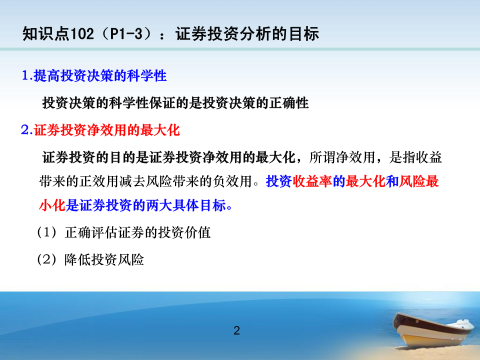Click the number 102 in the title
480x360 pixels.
pyautogui.click(x=82, y=33)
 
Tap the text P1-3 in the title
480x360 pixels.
pyautogui.click(x=126, y=33)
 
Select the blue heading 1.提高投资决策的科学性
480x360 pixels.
pyautogui.click(x=94, y=75)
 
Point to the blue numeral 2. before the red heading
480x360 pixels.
pyautogui.click(x=27, y=130)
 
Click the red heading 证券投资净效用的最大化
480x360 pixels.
pyautogui.click(x=106, y=130)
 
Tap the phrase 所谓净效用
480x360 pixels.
pyautogui.click(x=342, y=157)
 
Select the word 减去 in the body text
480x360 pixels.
pyautogui.click(x=132, y=181)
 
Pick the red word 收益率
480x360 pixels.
pyautogui.click(x=312, y=181)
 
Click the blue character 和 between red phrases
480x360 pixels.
pyautogui.click(x=392, y=181)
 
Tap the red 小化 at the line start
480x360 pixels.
pyautogui.click(x=52, y=205)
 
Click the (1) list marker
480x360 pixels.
pyautogui.click(x=47, y=232)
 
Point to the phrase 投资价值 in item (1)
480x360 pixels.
pyautogui.click(x=184, y=232)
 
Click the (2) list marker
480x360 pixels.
pyautogui.click(x=47, y=259)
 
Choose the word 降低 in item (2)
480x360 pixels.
pyautogui.click(x=77, y=259)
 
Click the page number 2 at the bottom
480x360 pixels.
pyautogui.click(x=236, y=330)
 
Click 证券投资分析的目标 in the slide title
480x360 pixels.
pyautogui.click(x=247, y=33)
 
